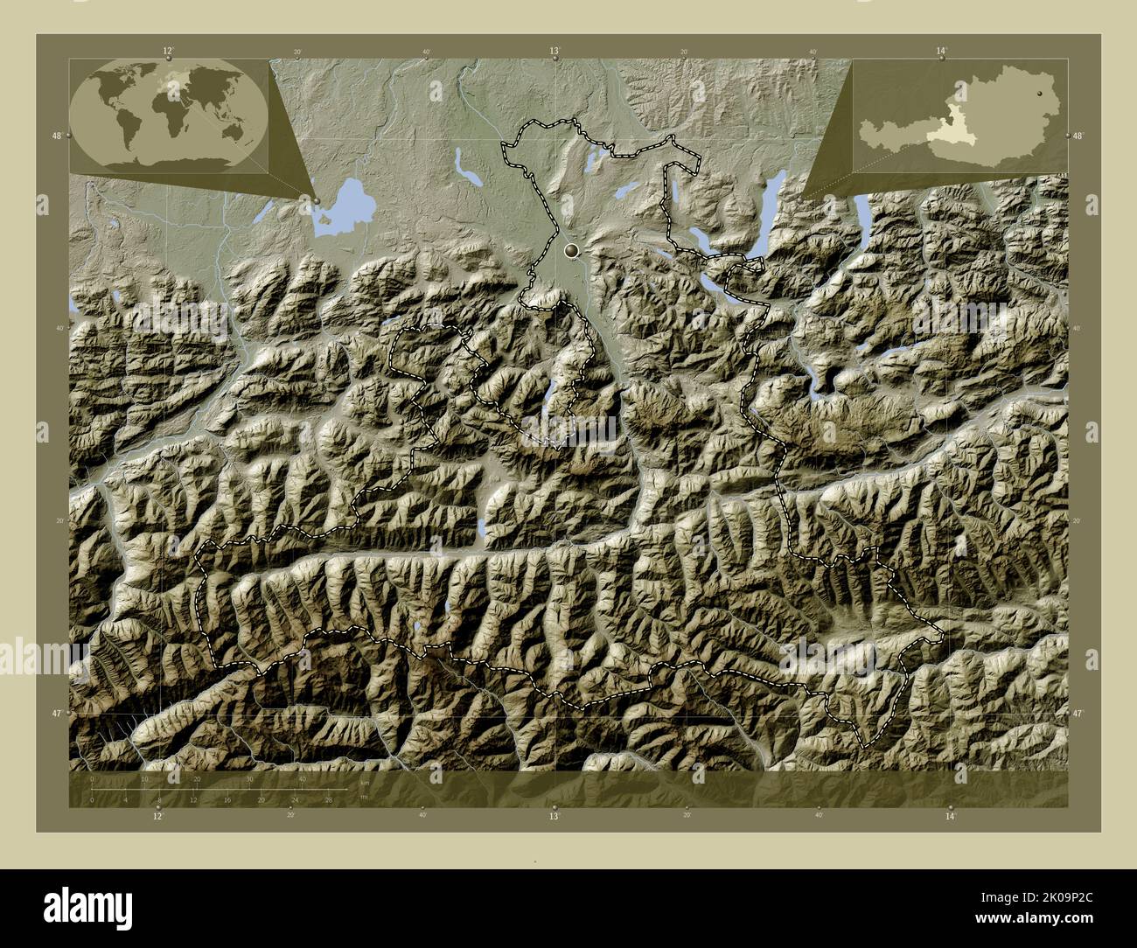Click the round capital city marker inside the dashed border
573,252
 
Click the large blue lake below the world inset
344,206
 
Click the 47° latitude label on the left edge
56,714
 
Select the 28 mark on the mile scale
329,799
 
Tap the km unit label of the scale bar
364,783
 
